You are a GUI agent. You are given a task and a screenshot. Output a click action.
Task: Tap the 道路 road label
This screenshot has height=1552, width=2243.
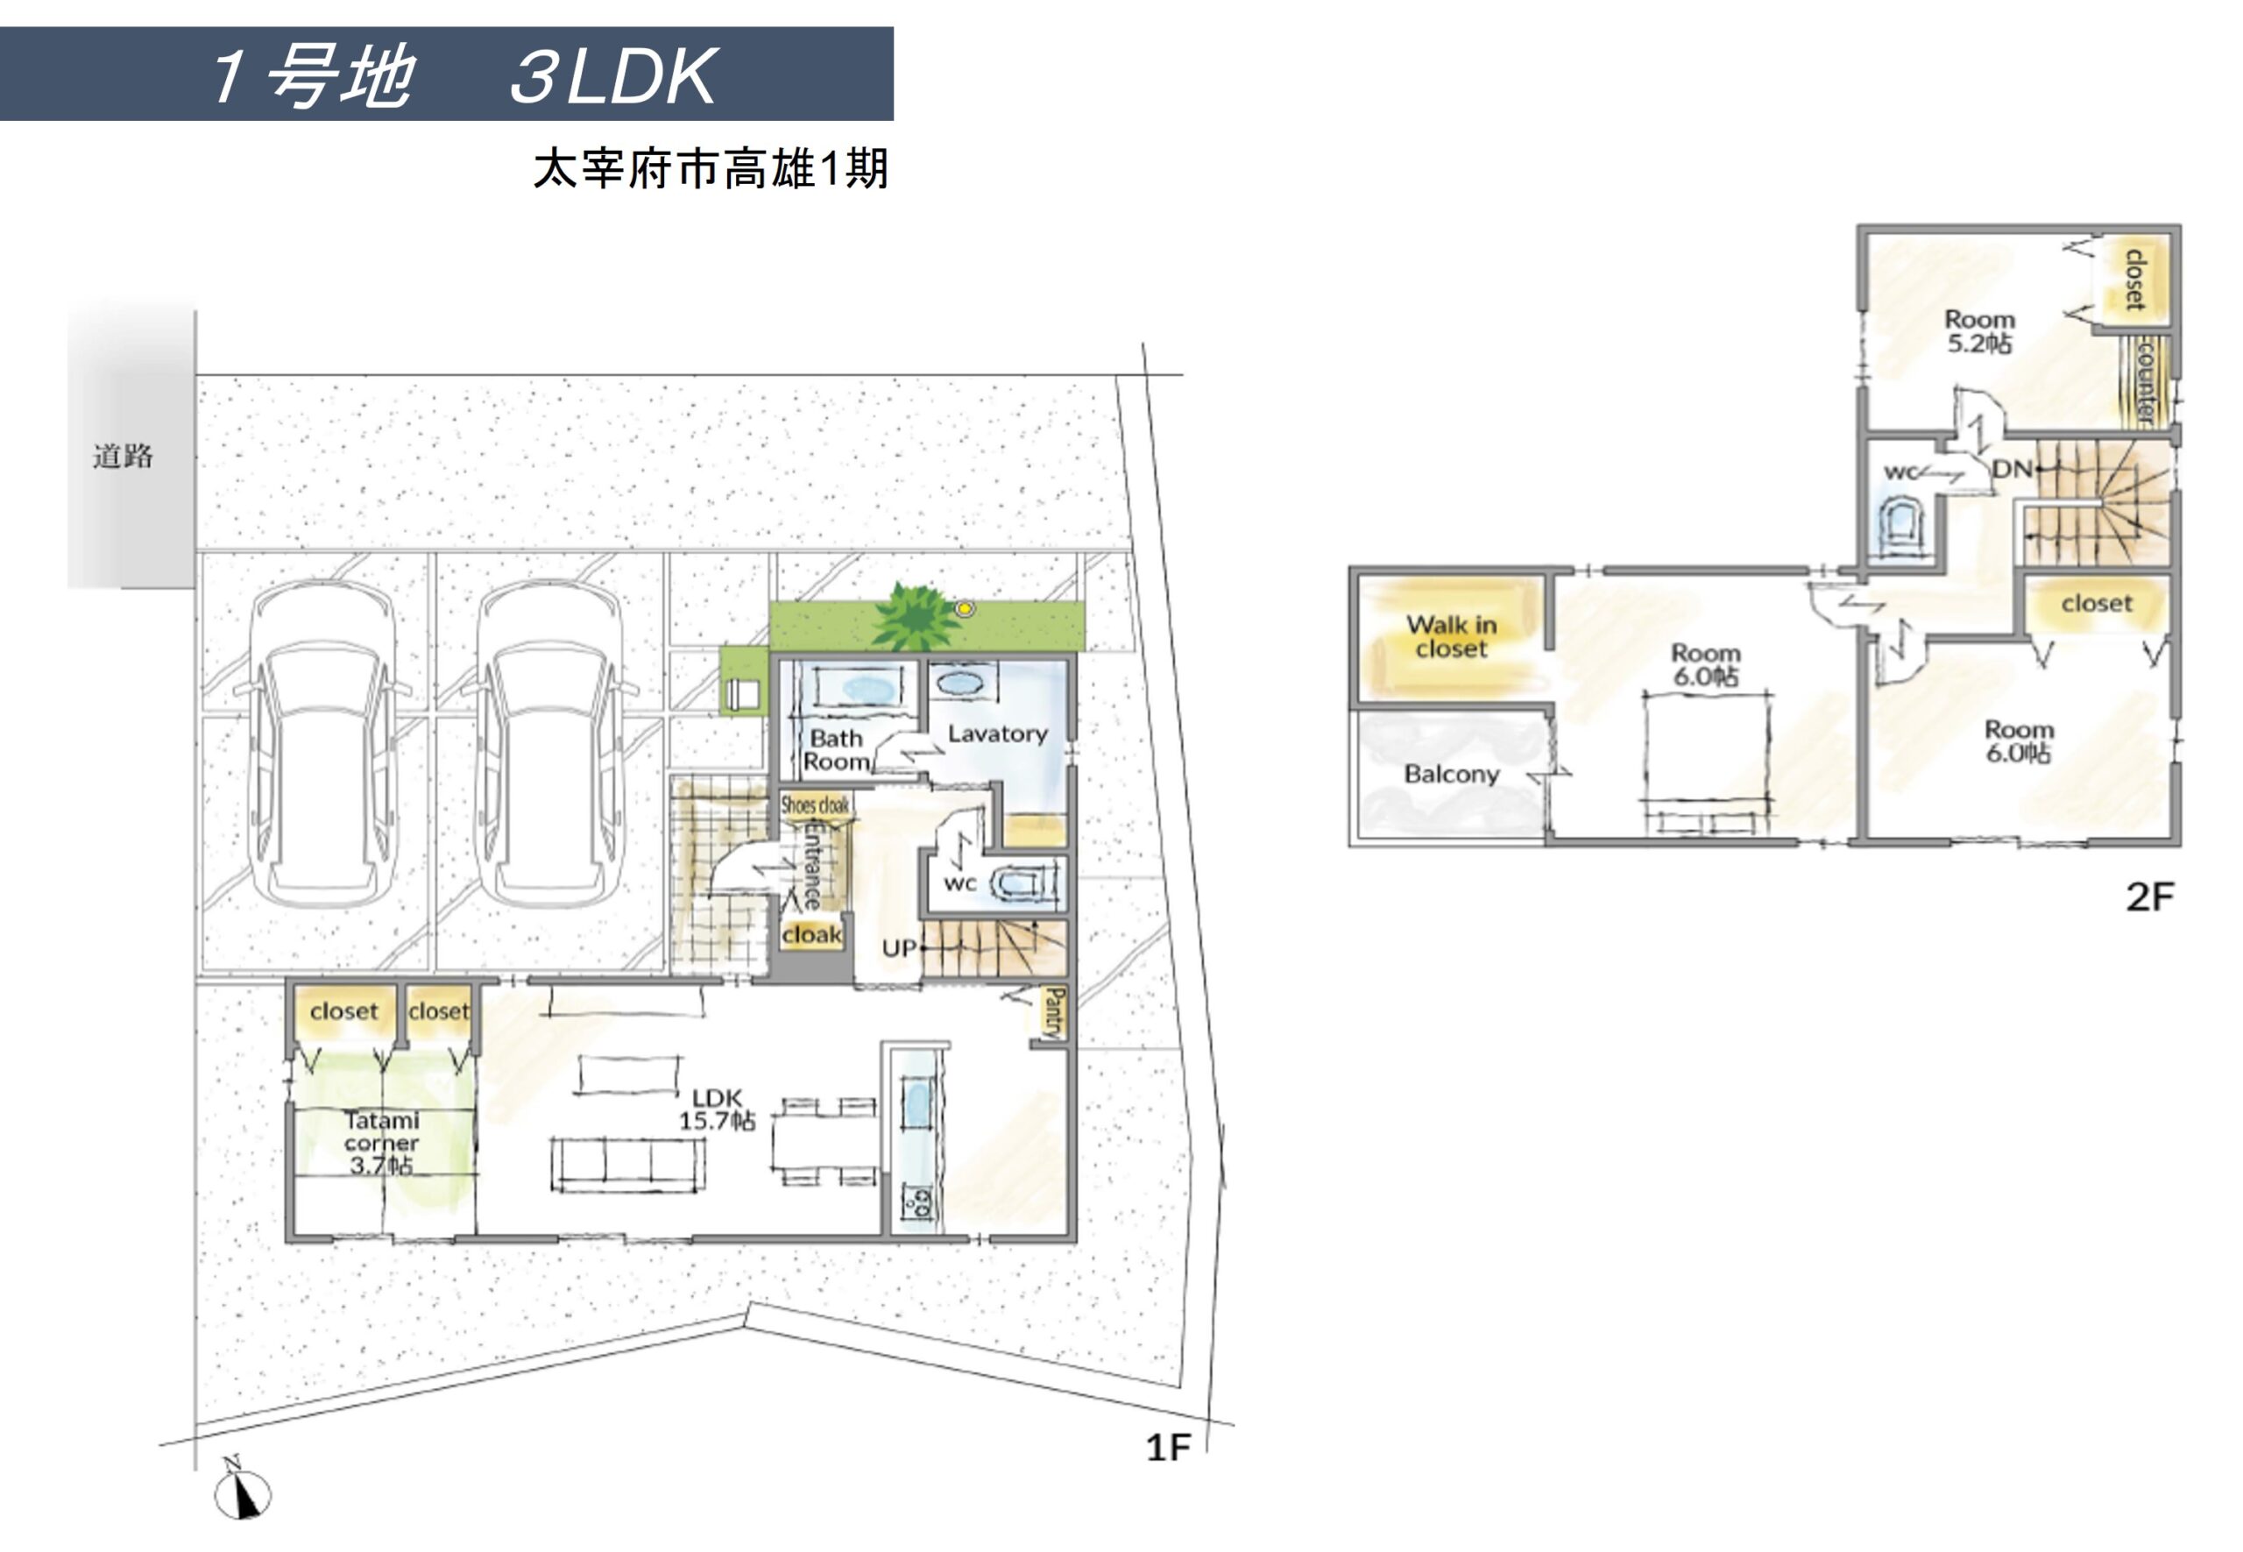(123, 456)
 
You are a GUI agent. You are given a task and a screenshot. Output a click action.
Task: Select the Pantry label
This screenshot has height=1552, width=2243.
(1054, 1012)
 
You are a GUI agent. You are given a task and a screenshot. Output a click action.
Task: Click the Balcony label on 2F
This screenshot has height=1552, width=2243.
(1451, 774)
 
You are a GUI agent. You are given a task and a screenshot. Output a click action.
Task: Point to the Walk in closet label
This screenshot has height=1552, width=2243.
(1451, 637)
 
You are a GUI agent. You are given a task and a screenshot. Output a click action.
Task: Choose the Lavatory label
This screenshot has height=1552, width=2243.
(998, 734)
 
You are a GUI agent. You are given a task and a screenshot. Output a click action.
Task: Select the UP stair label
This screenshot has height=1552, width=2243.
(898, 947)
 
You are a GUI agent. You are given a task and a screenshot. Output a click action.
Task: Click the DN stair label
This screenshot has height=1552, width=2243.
(2011, 469)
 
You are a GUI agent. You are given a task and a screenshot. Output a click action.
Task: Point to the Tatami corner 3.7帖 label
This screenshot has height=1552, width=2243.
(381, 1144)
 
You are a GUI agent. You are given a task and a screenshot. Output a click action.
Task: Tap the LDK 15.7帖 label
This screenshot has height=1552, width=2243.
(717, 1109)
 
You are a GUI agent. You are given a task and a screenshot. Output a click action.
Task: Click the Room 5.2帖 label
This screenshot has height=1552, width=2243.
(1978, 330)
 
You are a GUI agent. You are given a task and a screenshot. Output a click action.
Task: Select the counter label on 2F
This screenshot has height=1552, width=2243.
(2145, 380)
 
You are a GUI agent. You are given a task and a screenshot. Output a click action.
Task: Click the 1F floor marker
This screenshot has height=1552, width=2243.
(1168, 1448)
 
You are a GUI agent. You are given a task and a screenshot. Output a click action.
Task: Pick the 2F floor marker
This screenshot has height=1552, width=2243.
(2148, 896)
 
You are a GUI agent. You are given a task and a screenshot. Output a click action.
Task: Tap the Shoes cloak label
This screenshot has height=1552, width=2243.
(815, 805)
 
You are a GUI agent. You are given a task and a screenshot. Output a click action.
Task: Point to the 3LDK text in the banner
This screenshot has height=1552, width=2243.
(613, 76)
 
